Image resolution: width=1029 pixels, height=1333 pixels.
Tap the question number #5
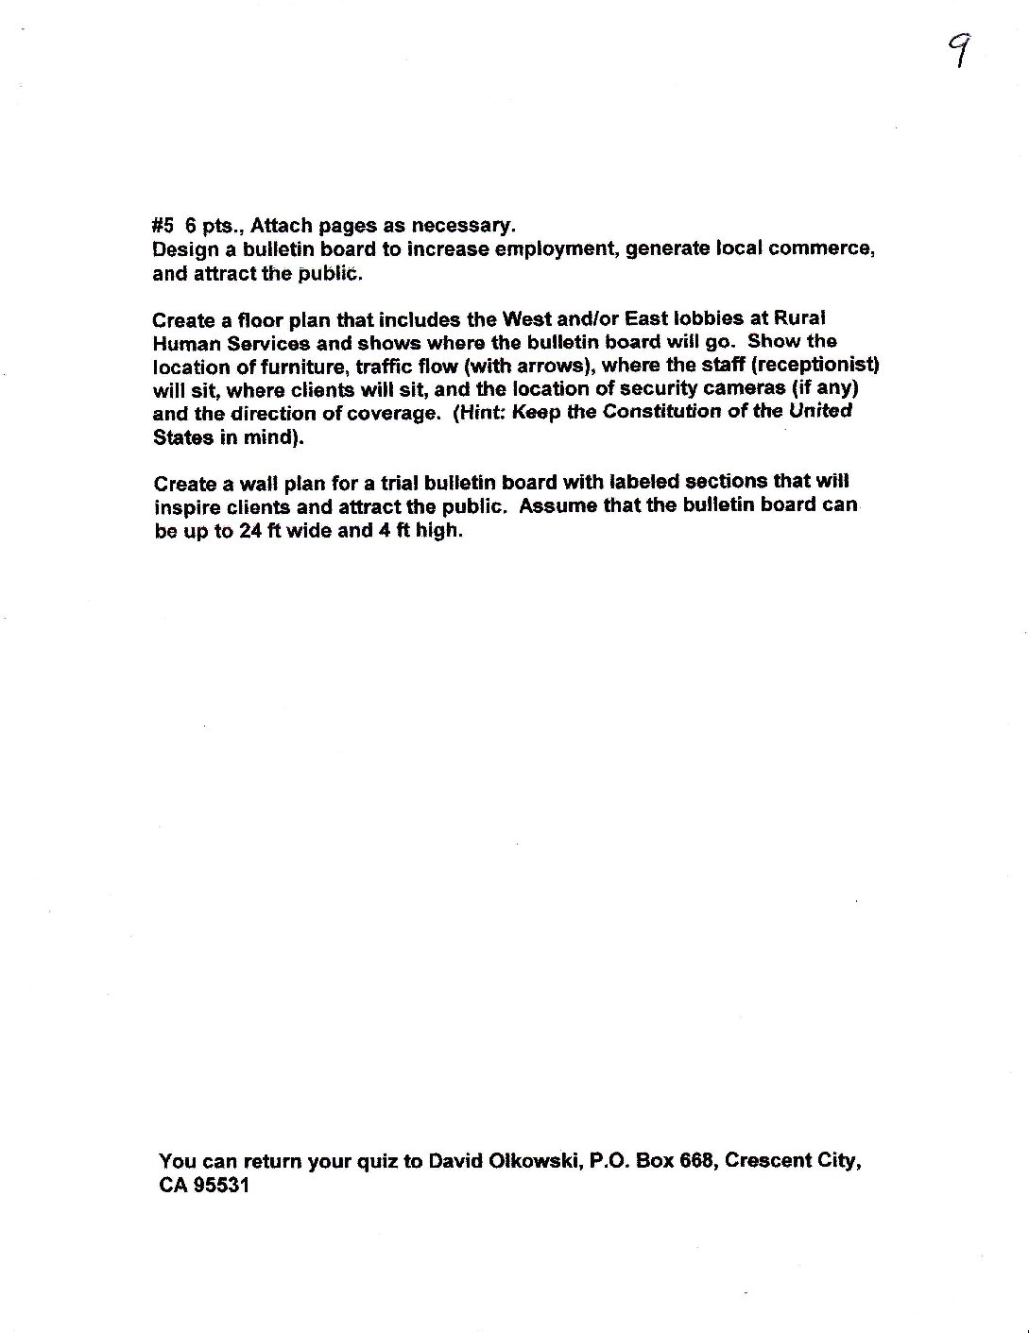(x=163, y=226)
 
